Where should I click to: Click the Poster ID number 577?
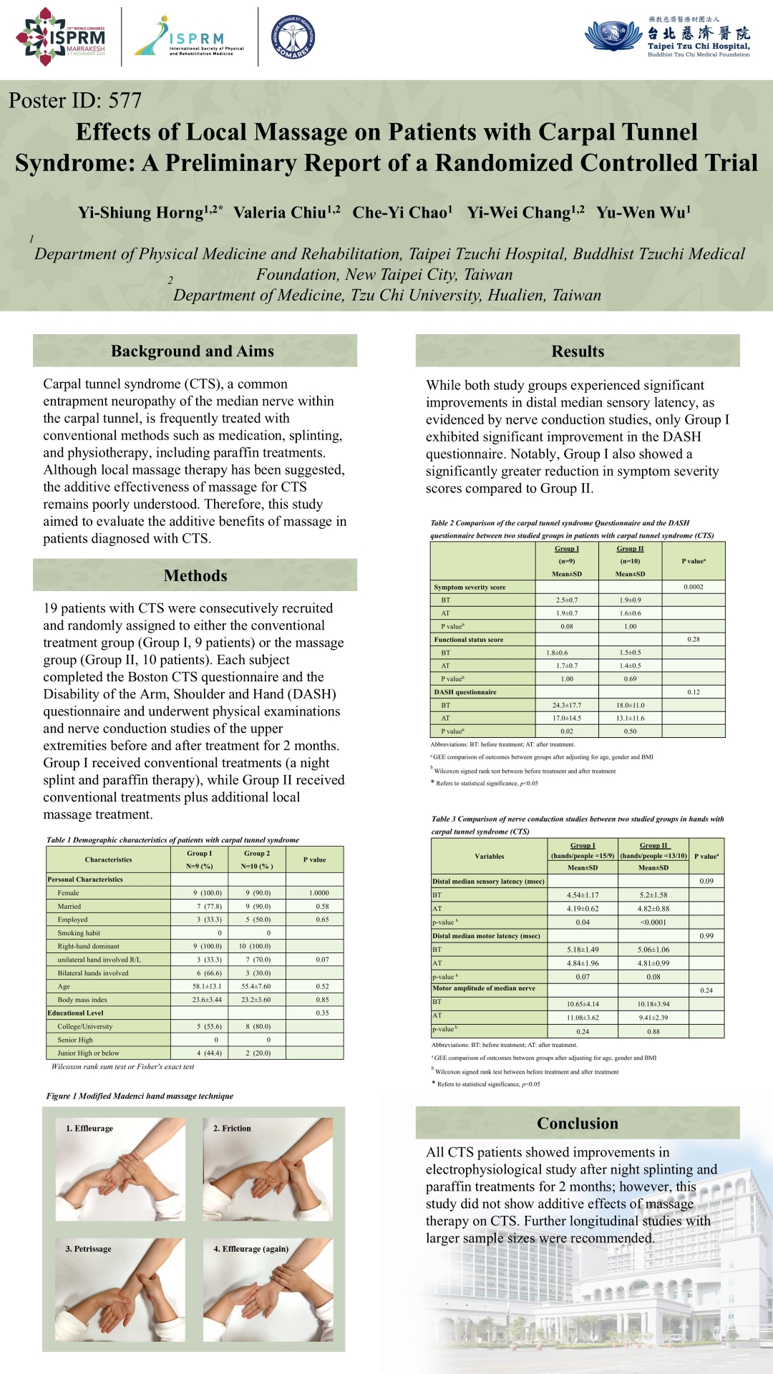coord(125,101)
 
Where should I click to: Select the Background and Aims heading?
coord(193,351)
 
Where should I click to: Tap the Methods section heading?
coord(195,576)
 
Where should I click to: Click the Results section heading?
coord(578,351)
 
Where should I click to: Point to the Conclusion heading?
coord(578,1124)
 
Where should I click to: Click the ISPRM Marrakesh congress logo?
coord(61,37)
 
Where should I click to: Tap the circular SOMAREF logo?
coord(293,37)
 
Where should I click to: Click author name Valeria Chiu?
coord(286,213)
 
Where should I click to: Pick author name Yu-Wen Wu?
coord(643,213)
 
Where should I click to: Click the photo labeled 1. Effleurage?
coord(120,1169)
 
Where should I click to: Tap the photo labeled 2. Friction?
coord(268,1169)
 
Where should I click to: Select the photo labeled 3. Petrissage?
coord(120,1290)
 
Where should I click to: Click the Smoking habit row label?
coord(79,933)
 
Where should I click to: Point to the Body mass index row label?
coord(82,1000)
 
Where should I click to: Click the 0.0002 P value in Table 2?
coord(693,587)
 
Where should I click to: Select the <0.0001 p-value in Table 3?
coord(653,922)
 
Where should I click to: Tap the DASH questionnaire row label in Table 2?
coord(465,692)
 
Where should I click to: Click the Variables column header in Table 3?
coord(489,857)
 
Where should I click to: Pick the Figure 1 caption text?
coord(140,1096)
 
